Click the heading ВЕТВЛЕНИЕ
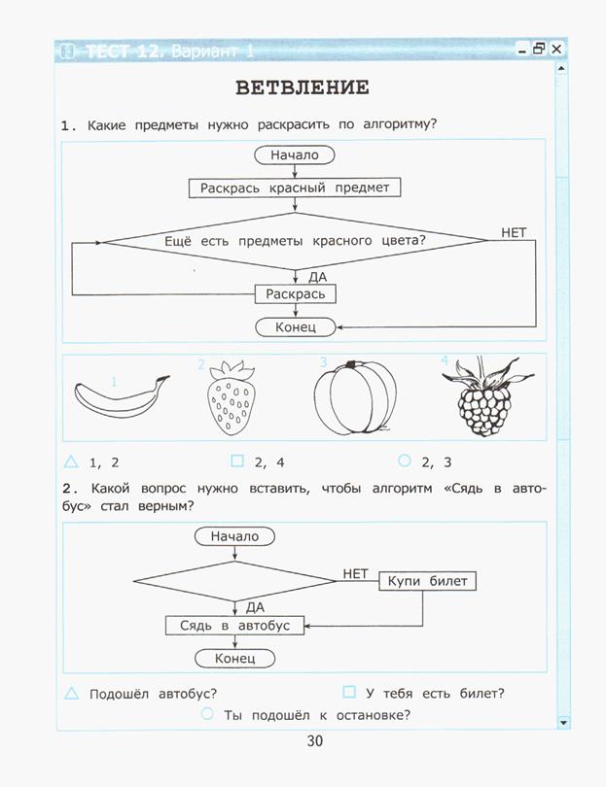pos(303,87)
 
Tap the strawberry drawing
pos(231,397)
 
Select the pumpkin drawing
pos(355,397)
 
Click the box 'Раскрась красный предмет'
pos(295,188)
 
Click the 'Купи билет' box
pos(427,581)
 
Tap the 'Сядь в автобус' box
pos(234,626)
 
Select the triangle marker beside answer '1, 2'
pos(71,462)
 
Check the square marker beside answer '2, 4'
pos(237,461)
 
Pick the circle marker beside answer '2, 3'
pos(405,461)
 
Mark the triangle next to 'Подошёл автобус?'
pos(71,693)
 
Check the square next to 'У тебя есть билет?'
pos(349,692)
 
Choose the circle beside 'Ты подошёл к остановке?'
pos(207,713)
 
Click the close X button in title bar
pos(556,49)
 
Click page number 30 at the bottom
pos(315,740)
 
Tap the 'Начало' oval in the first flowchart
pos(295,155)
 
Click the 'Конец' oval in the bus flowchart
pos(234,658)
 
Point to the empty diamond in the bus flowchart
pos(234,581)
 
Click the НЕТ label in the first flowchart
pos(514,233)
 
